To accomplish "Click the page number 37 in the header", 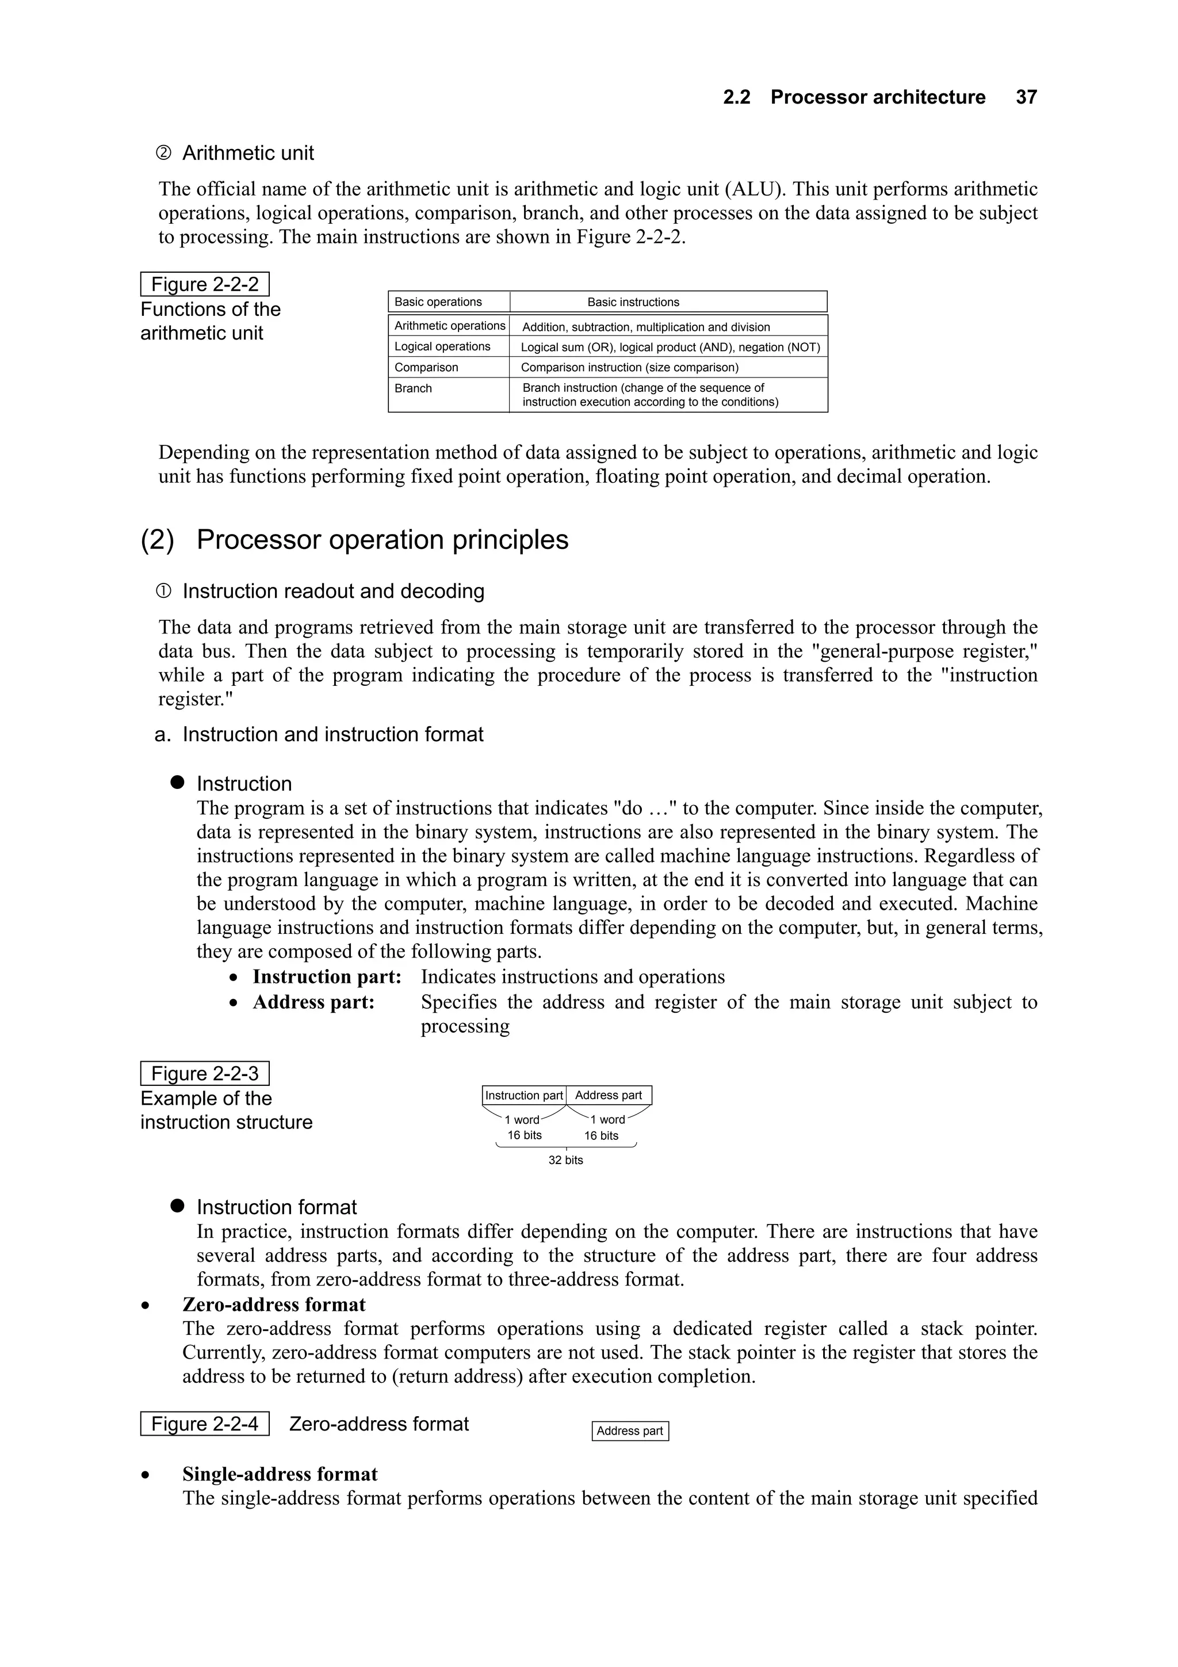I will click(1026, 97).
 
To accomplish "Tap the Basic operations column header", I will click(438, 302).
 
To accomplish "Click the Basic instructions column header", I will click(633, 302).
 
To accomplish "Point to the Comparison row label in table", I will click(426, 367).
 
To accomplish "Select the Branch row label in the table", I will click(413, 388).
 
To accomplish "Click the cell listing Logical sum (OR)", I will click(669, 347).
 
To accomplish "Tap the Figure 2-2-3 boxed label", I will click(204, 1074).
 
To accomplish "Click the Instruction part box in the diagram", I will click(523, 1096).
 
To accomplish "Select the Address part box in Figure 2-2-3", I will click(608, 1096).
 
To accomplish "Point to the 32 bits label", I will click(565, 1160).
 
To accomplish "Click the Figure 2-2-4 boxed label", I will click(204, 1424).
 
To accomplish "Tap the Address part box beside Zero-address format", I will click(629, 1431).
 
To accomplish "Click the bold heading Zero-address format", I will click(274, 1304).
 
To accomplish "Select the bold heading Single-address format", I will click(280, 1474).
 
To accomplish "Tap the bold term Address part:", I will click(313, 1002).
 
